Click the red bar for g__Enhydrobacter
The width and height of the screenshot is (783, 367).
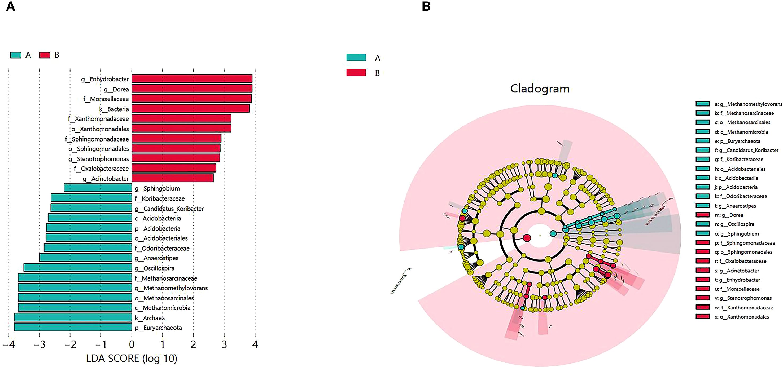[x=192, y=79]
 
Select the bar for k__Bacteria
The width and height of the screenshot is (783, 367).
[x=190, y=108]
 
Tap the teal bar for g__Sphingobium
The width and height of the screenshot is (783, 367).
[x=98, y=188]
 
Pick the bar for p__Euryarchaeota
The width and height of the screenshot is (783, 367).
[x=73, y=327]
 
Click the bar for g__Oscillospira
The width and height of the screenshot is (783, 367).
[x=78, y=268]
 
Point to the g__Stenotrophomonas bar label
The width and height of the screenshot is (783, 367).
[x=98, y=159]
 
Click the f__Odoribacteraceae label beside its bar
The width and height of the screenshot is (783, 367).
[x=162, y=248]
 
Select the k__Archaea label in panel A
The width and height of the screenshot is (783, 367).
[x=150, y=318]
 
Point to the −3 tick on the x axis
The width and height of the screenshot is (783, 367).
[x=39, y=344]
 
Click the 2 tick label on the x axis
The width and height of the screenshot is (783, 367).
[x=193, y=344]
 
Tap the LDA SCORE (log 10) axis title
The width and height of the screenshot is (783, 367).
[x=132, y=359]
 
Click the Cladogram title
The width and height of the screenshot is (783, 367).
[x=540, y=89]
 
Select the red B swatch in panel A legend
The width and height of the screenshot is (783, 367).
[x=45, y=55]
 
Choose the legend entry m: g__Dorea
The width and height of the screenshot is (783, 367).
[x=729, y=215]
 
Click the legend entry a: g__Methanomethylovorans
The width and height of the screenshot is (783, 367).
[x=748, y=104]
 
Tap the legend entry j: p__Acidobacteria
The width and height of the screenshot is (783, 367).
[x=736, y=187]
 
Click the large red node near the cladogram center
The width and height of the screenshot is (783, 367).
[x=527, y=238]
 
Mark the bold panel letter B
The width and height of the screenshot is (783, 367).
[x=426, y=6]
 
